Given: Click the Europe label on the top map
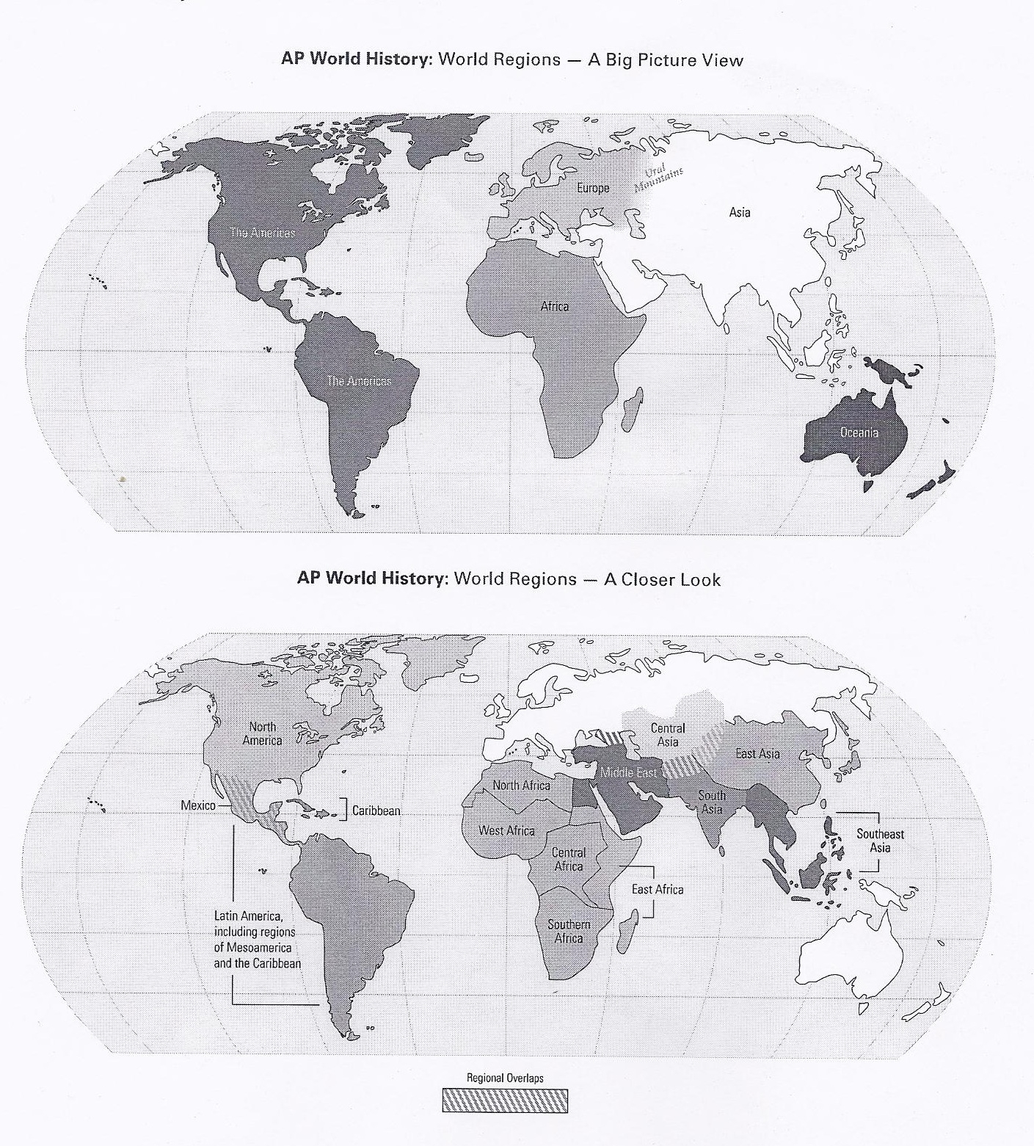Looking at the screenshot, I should [592, 188].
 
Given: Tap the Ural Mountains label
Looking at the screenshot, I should [658, 178].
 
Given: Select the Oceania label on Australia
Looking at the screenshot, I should [859, 432].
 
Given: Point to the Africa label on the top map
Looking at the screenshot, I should [554, 306].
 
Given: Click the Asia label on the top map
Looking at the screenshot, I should [739, 212].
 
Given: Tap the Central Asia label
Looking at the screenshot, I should [668, 735].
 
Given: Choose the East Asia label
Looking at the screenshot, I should [757, 753].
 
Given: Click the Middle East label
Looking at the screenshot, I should [628, 772].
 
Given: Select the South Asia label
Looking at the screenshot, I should [711, 802].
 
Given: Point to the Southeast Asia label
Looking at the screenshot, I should [880, 841].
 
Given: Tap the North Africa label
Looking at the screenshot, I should [521, 786].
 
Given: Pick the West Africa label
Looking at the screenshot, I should [506, 830].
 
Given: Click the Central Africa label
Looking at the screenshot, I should [569, 860].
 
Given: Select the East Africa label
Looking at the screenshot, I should [657, 889].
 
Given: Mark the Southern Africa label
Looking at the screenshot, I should [569, 932].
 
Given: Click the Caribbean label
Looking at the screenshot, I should [376, 810].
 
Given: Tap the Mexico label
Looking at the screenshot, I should [198, 805].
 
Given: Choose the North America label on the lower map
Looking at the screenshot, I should [262, 733].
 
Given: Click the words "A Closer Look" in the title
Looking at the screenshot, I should [662, 579].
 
